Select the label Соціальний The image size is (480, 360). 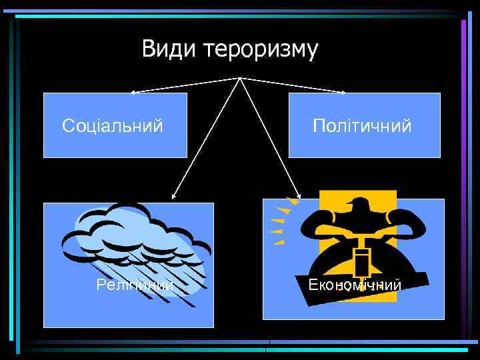[x=113, y=125]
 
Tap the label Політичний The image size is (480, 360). [x=363, y=125]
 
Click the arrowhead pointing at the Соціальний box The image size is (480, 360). [x=132, y=91]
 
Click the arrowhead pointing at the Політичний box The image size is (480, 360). [x=343, y=92]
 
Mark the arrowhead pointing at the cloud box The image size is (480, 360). [x=173, y=197]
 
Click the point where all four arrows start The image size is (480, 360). [x=240, y=78]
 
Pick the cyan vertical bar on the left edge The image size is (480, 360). [x=18, y=180]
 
